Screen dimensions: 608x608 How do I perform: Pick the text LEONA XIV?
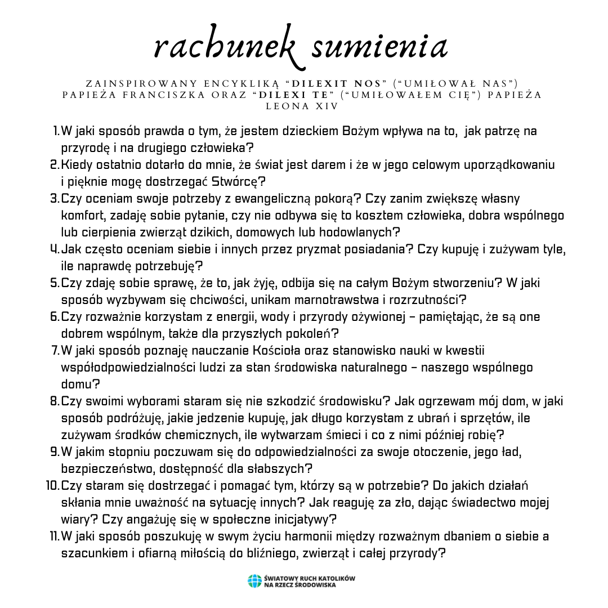coord(303,105)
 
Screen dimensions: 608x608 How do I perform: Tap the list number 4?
coord(55,249)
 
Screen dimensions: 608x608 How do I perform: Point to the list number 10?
coord(52,485)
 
